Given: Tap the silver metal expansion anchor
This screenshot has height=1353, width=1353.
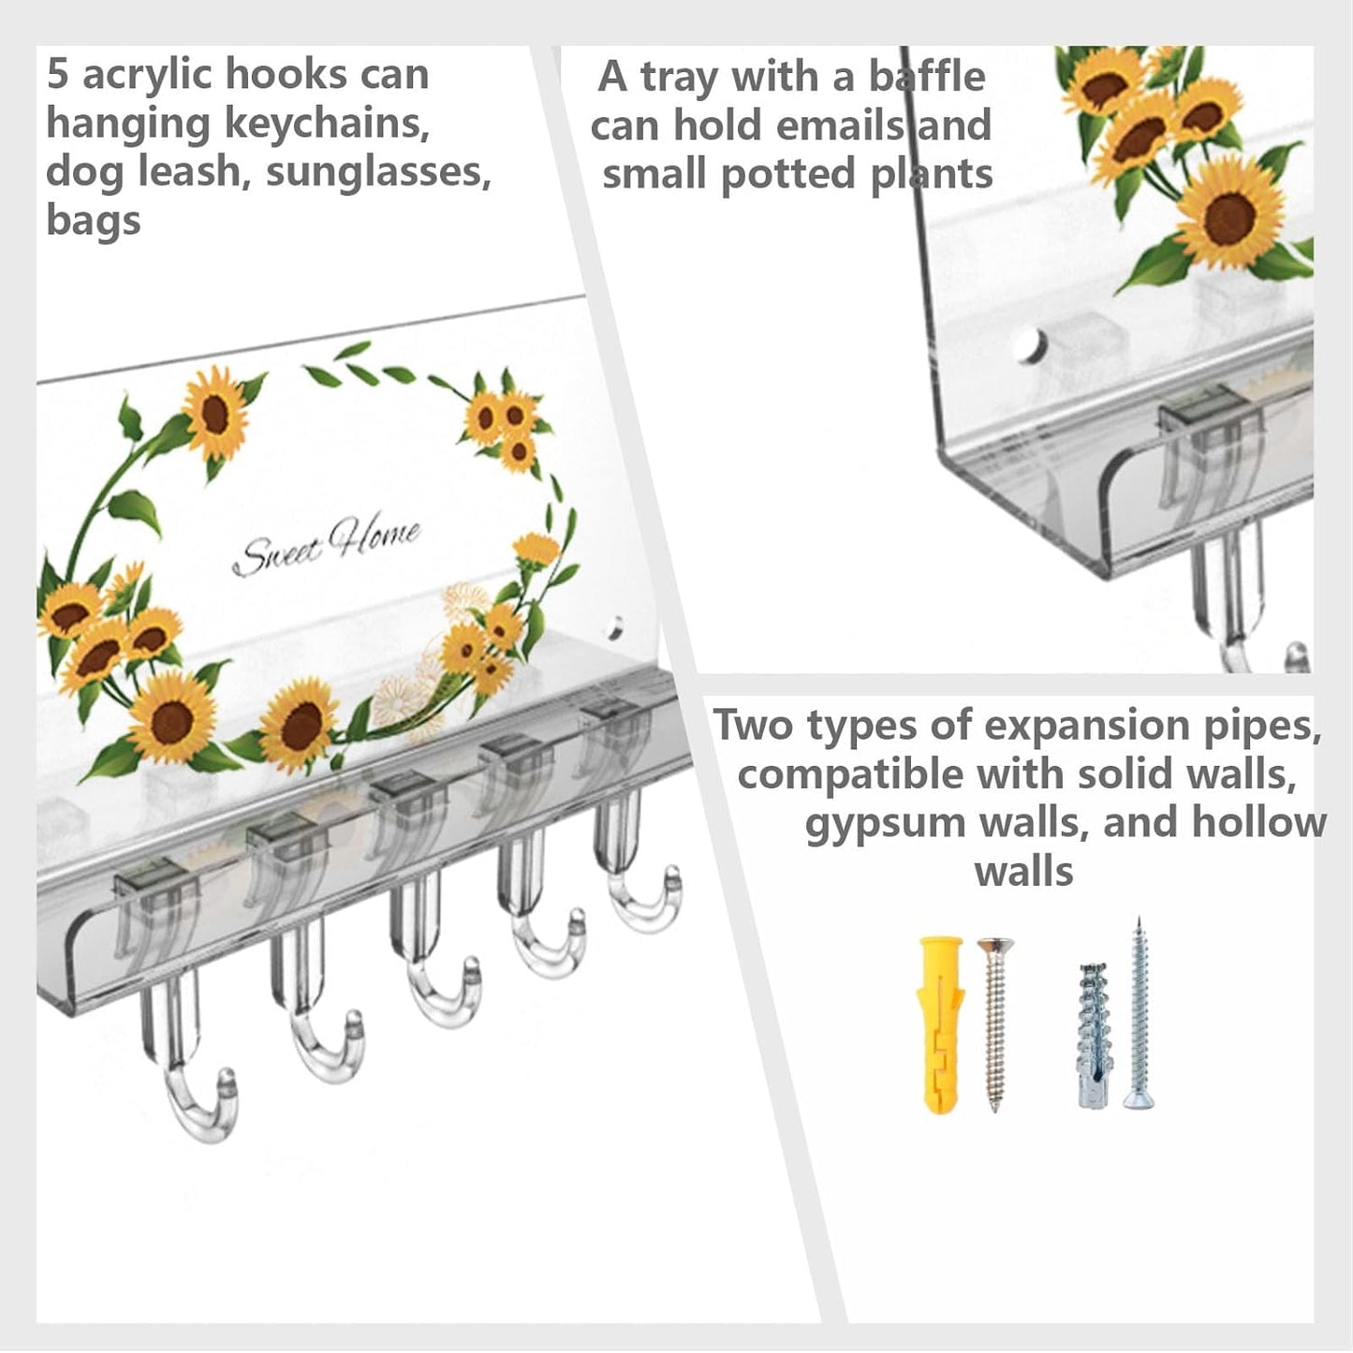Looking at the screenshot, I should [x=1093, y=1035].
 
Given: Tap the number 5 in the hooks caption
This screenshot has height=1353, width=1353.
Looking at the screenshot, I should [x=57, y=75].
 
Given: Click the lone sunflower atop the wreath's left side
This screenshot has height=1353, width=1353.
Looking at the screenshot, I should [x=215, y=414].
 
